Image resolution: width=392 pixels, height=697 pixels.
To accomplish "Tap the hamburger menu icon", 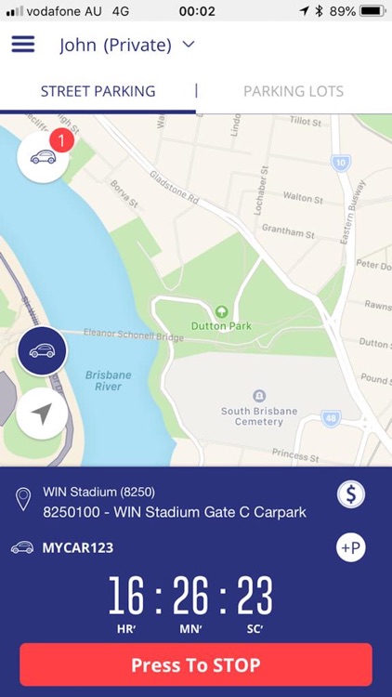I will (x=22, y=45).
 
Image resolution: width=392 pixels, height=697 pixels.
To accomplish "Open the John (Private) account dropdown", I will (x=126, y=45).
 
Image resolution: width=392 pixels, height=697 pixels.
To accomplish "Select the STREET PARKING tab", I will (x=98, y=91).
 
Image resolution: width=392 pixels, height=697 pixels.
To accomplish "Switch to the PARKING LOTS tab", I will (x=294, y=91).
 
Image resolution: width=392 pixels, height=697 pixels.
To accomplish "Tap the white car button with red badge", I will (x=43, y=157).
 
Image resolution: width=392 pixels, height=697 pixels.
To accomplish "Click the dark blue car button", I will (x=42, y=351).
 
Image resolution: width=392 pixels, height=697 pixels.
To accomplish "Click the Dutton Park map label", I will (x=221, y=325).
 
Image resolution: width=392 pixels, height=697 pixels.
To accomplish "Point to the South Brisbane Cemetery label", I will (x=258, y=415).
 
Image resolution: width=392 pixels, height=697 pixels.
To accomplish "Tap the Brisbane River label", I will (x=108, y=381).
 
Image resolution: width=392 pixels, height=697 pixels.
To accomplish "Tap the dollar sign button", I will (x=350, y=494).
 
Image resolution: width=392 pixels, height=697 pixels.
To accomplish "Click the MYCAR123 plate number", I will (x=77, y=547).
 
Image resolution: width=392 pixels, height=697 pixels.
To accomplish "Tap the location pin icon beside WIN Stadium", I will (x=23, y=501).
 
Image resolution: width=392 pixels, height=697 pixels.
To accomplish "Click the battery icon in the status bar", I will (x=372, y=11).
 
